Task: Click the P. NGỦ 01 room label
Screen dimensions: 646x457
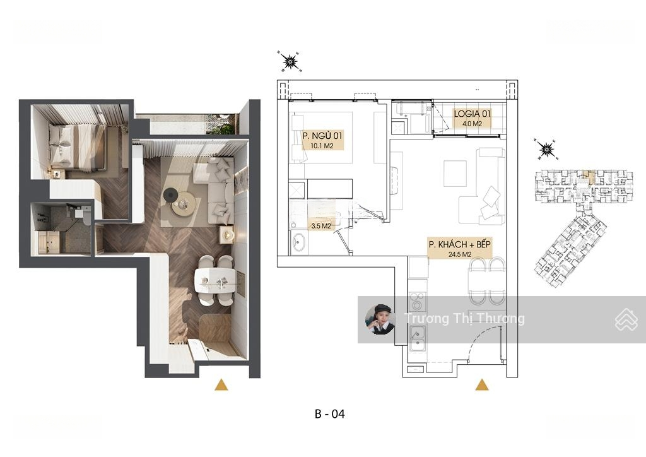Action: point(322,136)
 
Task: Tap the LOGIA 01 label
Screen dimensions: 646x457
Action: point(472,114)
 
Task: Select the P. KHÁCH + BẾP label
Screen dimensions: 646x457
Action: point(459,244)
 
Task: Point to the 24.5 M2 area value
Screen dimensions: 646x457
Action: point(460,254)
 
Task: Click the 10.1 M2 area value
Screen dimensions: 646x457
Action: point(322,146)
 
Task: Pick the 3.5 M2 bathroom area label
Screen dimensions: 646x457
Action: point(321,226)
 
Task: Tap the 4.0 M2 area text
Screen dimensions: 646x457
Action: point(472,123)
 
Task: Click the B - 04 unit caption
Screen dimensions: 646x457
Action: point(329,413)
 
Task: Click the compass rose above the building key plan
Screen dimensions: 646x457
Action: point(546,149)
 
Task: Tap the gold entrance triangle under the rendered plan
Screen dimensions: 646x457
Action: point(221,384)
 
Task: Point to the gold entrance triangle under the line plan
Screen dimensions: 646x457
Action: point(482,385)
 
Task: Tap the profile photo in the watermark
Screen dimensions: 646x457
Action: point(380,319)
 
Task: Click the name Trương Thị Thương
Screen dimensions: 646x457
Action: point(464,319)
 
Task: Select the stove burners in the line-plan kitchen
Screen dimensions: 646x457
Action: point(417,301)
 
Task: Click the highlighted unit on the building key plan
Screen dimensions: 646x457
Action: point(590,177)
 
